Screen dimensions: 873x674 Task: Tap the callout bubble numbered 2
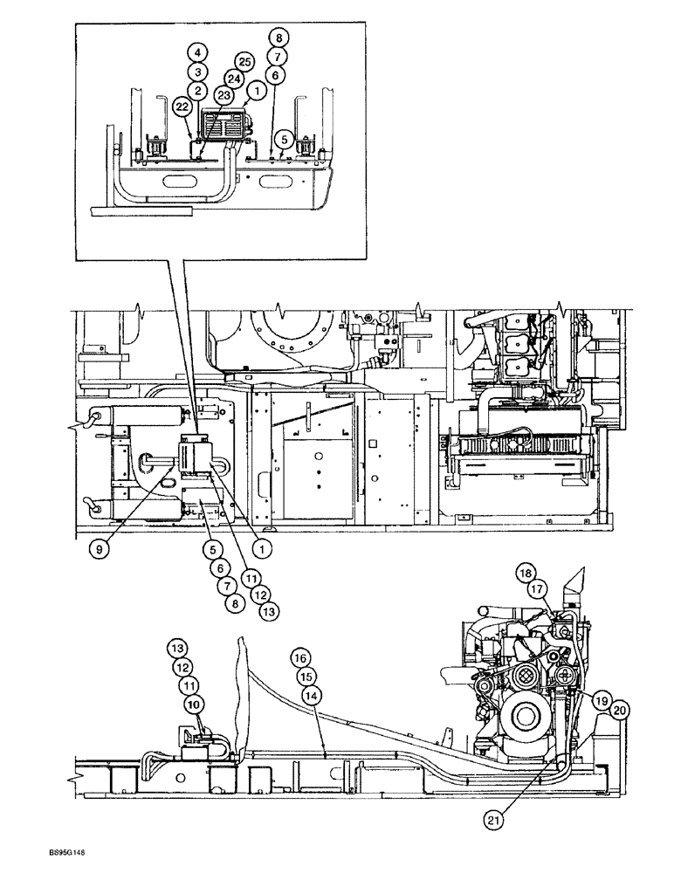click(x=198, y=89)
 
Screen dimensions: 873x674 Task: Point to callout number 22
click(x=182, y=107)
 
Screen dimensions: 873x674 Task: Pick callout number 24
click(x=233, y=77)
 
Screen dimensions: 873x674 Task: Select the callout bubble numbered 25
click(x=244, y=62)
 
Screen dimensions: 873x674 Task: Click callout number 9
click(x=103, y=551)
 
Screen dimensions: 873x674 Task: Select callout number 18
click(x=525, y=574)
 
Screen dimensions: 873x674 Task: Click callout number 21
click(x=498, y=817)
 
